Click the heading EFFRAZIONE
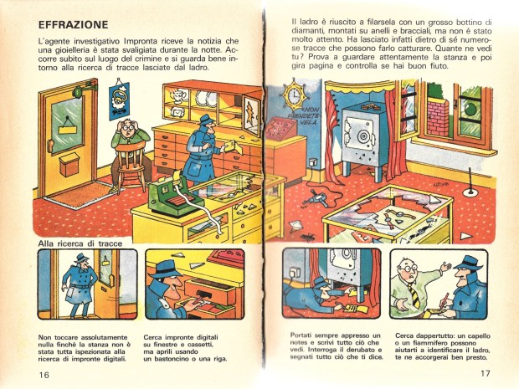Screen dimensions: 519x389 73,25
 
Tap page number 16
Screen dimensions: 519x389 44,375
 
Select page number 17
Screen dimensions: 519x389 485,373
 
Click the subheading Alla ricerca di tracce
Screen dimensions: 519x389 80,243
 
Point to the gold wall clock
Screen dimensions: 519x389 294,95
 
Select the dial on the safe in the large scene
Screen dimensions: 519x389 362,136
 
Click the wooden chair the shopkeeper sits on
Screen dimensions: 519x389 131,166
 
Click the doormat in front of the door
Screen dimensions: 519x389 80,194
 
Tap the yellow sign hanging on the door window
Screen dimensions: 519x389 68,127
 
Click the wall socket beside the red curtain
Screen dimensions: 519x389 311,162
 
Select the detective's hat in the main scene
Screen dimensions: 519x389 205,120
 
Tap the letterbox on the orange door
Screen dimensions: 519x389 69,165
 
